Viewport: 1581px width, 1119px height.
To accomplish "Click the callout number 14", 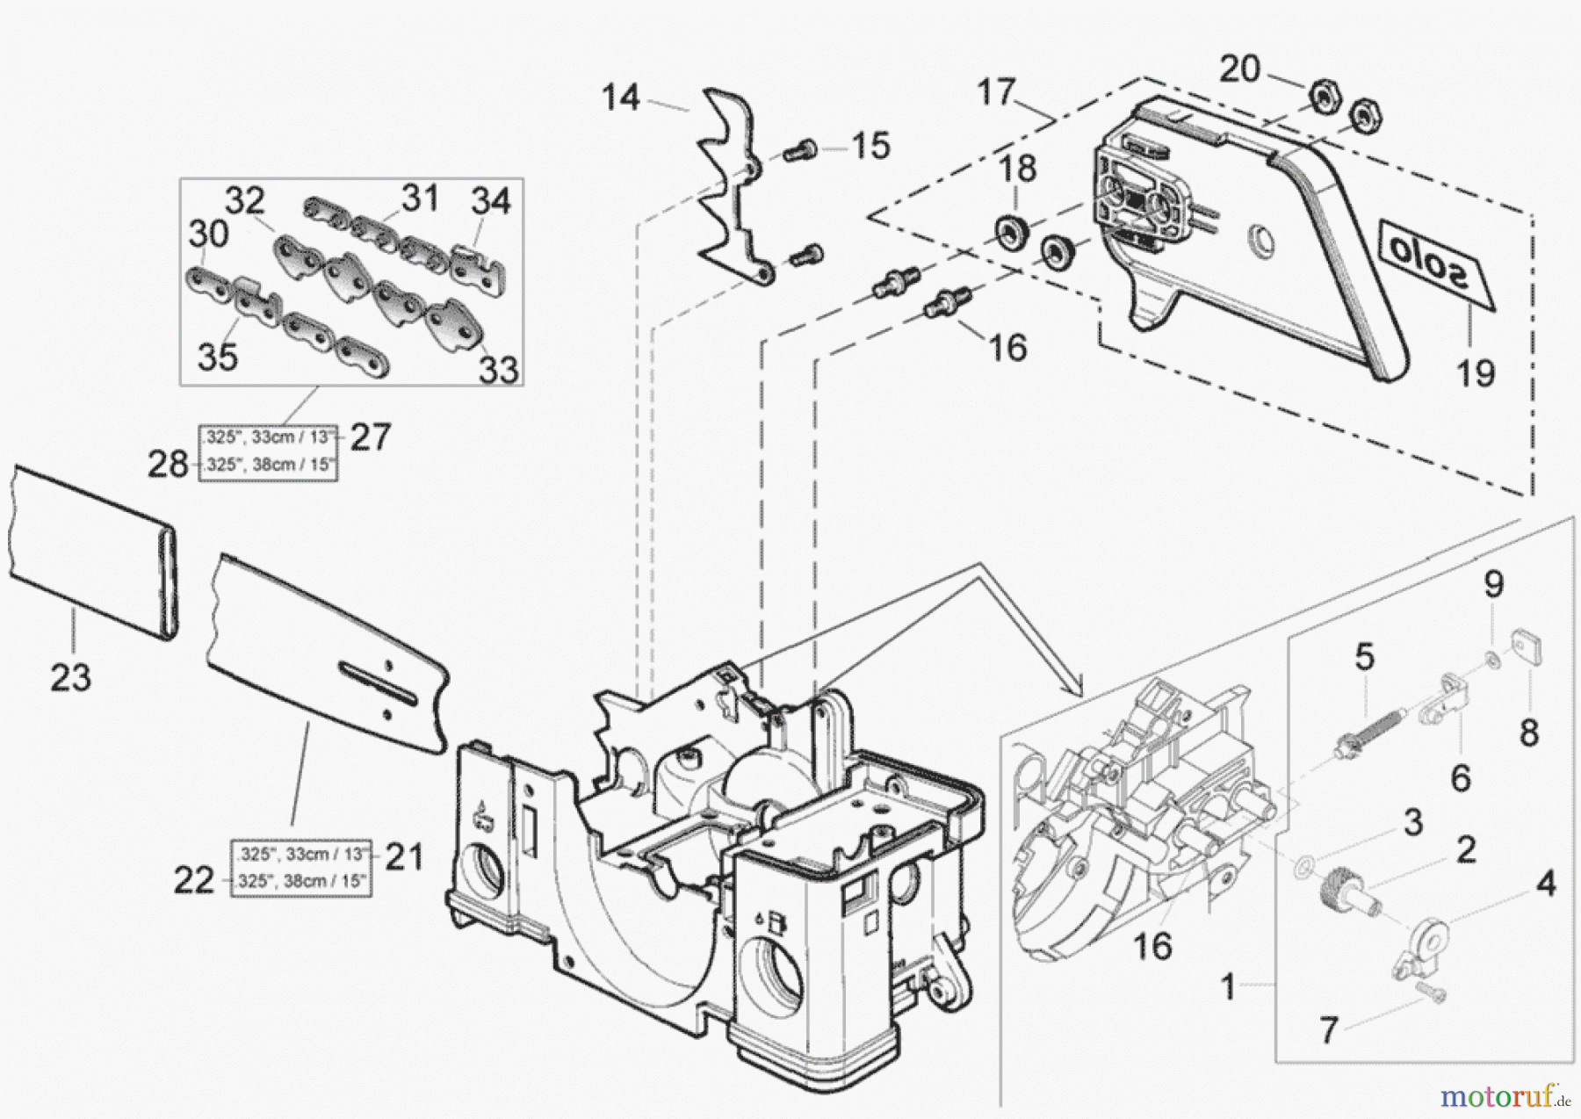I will pos(620,97).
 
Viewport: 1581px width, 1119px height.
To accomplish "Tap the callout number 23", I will pos(70,677).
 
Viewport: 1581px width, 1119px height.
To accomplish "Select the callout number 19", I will pos(1476,372).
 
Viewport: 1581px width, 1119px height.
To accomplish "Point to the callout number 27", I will pos(370,437).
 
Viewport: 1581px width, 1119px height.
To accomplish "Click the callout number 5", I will pos(1364,656).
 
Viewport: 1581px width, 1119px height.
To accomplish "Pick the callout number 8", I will pos(1529,733).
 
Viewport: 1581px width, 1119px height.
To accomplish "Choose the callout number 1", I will pos(1229,987).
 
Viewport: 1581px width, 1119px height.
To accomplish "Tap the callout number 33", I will pos(498,370).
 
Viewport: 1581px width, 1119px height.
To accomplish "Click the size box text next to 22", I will pos(300,881).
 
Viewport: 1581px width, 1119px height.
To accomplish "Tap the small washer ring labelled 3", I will pos(1303,865).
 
